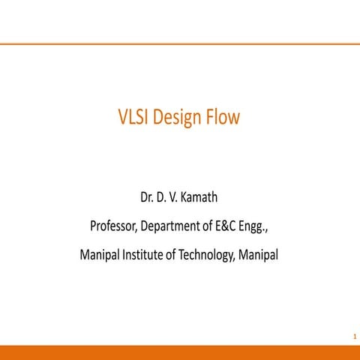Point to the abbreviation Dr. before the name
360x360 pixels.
[x=148, y=198]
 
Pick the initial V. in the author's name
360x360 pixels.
[x=175, y=198]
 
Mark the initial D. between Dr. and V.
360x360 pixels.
[x=163, y=198]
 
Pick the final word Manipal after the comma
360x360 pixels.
[x=259, y=254]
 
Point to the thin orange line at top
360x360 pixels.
[x=180, y=44]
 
